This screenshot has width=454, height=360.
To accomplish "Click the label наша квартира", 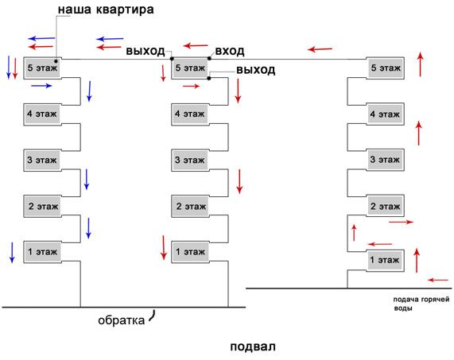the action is [106, 10].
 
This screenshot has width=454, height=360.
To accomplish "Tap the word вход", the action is [230, 51].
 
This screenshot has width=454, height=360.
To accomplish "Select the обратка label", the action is [122, 320].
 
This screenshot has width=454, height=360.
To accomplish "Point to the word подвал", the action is [253, 346].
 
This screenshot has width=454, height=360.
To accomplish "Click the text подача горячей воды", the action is [421, 304].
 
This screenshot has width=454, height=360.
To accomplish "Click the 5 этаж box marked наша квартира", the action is [42, 68].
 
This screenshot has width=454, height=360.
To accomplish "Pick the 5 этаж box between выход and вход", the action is [190, 68].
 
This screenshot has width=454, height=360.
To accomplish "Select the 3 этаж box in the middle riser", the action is [190, 160].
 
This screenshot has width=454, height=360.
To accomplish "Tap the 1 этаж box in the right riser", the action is [386, 260].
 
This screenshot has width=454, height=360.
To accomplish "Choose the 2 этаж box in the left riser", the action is [42, 207].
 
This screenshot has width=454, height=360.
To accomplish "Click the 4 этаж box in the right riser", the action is [386, 114].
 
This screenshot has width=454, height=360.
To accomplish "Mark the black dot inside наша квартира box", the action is [56, 61].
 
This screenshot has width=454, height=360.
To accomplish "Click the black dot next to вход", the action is [209, 59].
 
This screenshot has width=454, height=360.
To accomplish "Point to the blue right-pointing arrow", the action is [41, 86].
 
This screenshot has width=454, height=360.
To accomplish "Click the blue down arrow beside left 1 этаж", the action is [12, 253].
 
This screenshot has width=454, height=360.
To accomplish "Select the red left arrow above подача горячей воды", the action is [438, 280].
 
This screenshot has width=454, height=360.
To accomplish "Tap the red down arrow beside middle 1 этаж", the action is [164, 247].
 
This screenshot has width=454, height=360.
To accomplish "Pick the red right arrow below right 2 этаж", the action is [401, 222].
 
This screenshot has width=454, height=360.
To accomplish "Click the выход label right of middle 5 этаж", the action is [256, 70].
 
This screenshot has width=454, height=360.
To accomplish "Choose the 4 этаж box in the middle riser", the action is [190, 114].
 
